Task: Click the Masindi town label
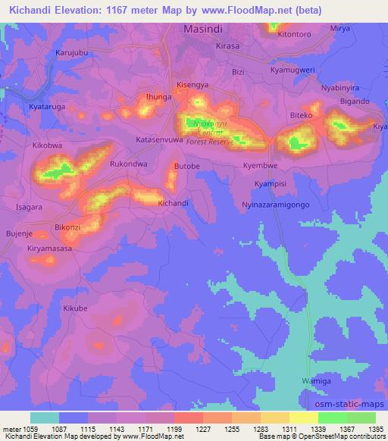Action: (x=207, y=29)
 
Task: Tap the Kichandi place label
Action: (x=173, y=204)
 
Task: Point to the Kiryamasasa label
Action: (x=49, y=249)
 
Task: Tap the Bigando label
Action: (x=355, y=101)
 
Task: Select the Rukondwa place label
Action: (x=127, y=163)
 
